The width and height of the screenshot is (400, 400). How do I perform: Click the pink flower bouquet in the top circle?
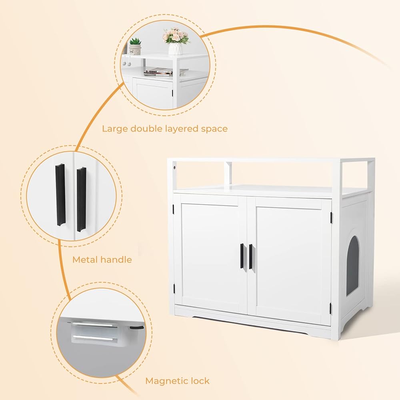click(175, 36)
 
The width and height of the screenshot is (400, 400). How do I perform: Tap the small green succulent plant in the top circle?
click(135, 41)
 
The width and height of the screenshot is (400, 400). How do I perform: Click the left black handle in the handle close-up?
click(60, 195)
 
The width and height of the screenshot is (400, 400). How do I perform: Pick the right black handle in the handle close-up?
click(81, 199)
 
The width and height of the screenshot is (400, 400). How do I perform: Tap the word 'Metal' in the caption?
click(85, 260)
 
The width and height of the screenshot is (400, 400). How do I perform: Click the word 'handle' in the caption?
click(116, 260)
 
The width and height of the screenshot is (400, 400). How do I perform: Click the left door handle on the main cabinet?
click(242, 256)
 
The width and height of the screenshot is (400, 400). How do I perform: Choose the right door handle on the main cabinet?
click(251, 256)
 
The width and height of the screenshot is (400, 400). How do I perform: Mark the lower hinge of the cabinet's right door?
click(331, 308)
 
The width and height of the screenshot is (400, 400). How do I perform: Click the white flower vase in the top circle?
click(175, 48)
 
